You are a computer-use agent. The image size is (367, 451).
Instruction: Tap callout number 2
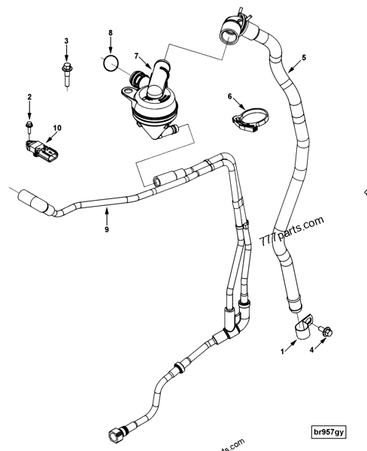tap(29, 97)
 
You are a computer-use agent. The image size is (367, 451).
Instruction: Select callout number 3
tap(65, 41)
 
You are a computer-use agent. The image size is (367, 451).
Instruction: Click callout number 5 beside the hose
tap(304, 57)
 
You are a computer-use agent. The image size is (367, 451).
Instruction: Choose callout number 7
tap(136, 56)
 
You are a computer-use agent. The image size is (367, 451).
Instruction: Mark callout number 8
tap(111, 33)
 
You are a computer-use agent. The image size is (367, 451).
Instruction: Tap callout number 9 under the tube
tap(107, 229)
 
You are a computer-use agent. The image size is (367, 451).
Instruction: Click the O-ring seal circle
tap(111, 62)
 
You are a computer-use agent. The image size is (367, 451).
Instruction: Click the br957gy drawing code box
tap(331, 433)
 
